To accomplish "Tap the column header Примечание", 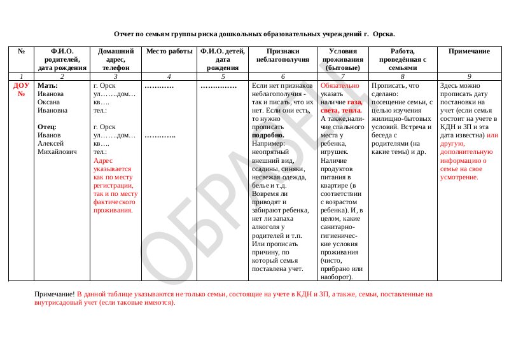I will (x=469, y=51).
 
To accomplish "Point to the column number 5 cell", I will (x=223, y=76).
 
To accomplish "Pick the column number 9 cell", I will (x=469, y=76).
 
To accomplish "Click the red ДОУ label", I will (x=21, y=85).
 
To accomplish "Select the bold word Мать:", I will (x=48, y=85).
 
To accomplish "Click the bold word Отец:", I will (x=48, y=127).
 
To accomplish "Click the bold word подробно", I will (x=268, y=135).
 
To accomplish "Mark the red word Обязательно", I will (x=340, y=85).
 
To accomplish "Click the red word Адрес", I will (x=102, y=160).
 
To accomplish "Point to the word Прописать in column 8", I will (x=387, y=85).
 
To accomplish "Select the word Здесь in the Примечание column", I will (x=450, y=85).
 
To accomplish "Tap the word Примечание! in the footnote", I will (x=55, y=294).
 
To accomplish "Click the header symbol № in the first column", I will (x=21, y=51).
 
